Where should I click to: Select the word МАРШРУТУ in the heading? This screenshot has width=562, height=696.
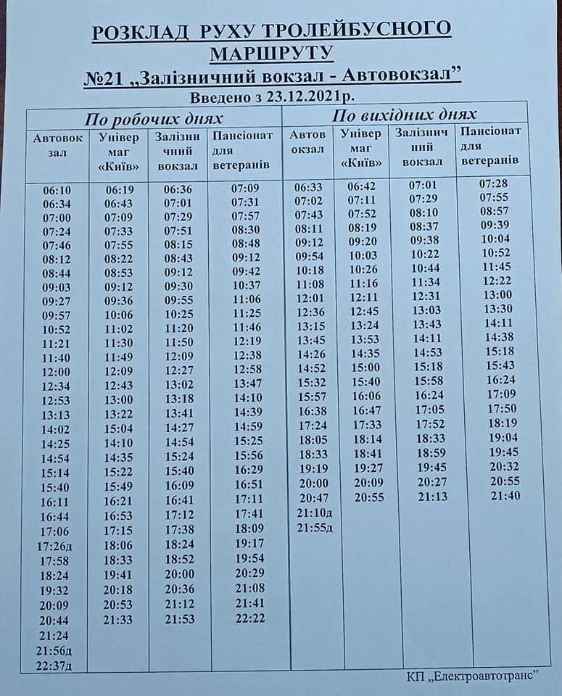pos(272,53)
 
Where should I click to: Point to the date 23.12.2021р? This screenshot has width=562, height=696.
pos(313,97)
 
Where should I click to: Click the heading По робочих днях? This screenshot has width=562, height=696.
pos(153,119)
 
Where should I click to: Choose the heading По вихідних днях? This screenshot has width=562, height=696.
pos(404,115)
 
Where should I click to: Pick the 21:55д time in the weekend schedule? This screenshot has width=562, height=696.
pos(315,527)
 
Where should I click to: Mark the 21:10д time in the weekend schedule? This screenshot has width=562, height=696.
pos(315,513)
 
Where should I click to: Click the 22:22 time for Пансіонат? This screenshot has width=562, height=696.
pos(250,618)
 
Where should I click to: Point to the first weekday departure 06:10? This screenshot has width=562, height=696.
pos(57,190)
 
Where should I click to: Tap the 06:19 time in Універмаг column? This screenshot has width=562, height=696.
pos(118,190)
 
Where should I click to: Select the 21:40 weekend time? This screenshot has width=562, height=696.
pos(505,495)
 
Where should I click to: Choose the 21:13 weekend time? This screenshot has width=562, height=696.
pos(433,497)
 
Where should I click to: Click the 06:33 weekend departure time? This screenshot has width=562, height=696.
pos(308,186)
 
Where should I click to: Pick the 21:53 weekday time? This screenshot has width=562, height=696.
pos(178,618)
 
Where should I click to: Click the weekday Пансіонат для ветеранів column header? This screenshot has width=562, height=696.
pos(243,151)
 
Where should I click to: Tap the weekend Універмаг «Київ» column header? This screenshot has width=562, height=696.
pos(361,148)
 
